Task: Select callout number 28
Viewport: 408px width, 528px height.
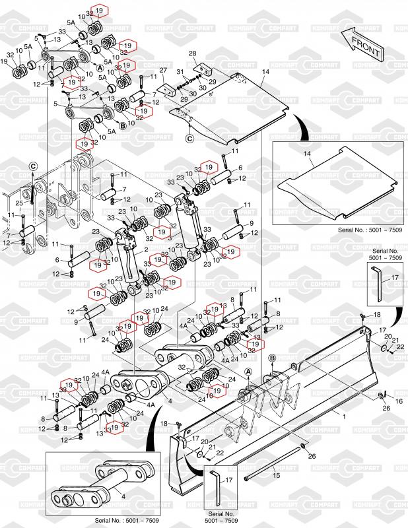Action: (x=193, y=53)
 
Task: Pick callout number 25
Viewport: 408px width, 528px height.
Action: (x=19, y=203)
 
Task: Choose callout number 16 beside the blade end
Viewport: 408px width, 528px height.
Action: (x=398, y=401)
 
